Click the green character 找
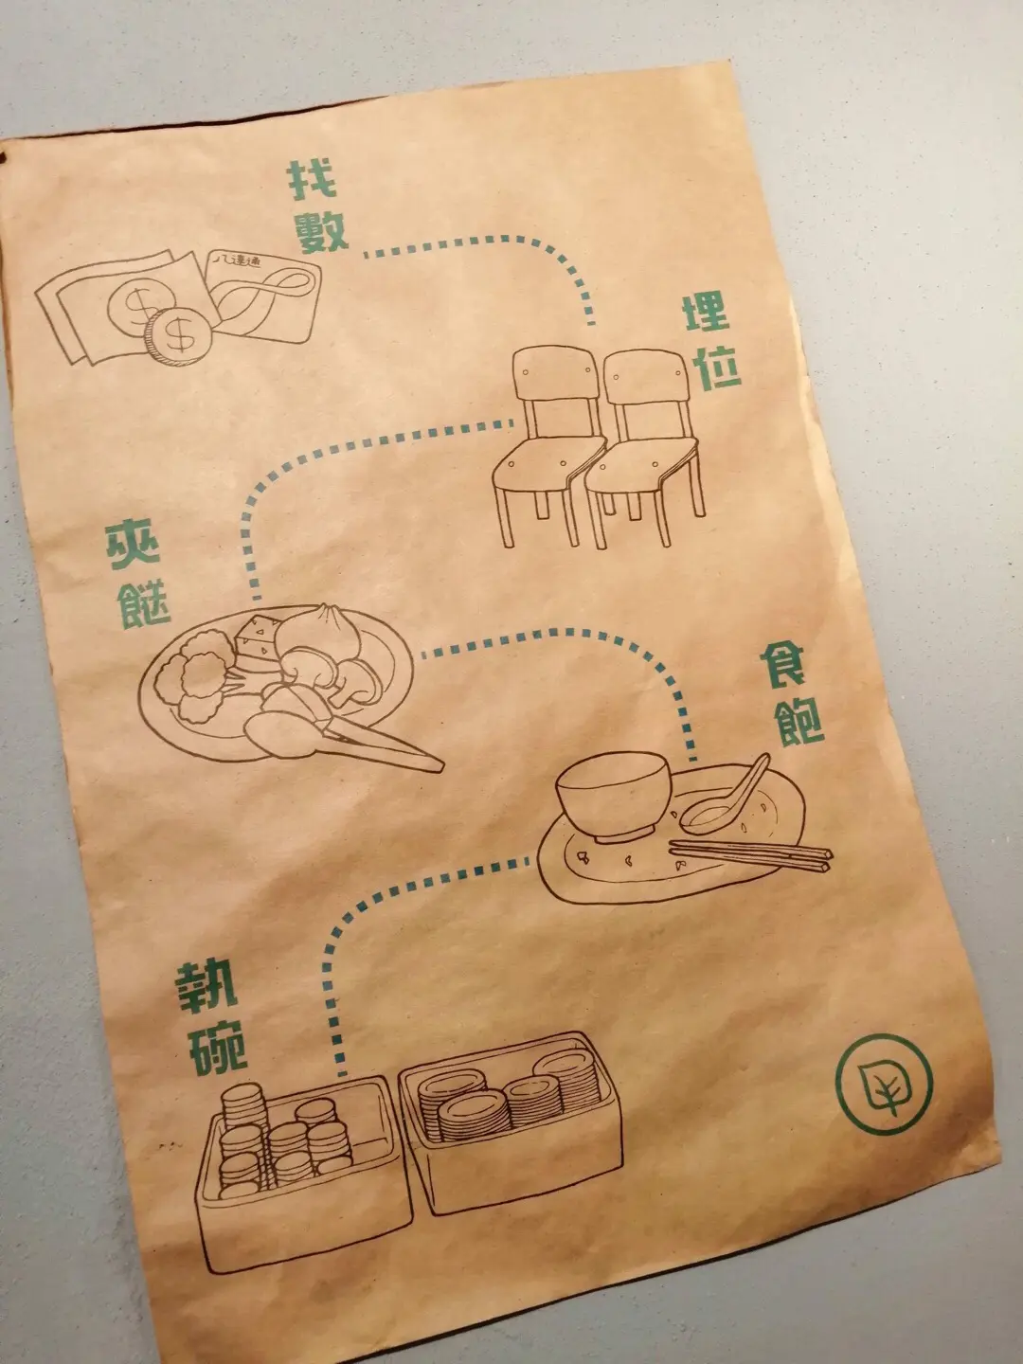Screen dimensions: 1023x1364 pyautogui.click(x=312, y=181)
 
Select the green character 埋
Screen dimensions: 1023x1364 pyautogui.click(x=707, y=314)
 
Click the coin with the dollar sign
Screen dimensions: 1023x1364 pyautogui.click(x=177, y=336)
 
